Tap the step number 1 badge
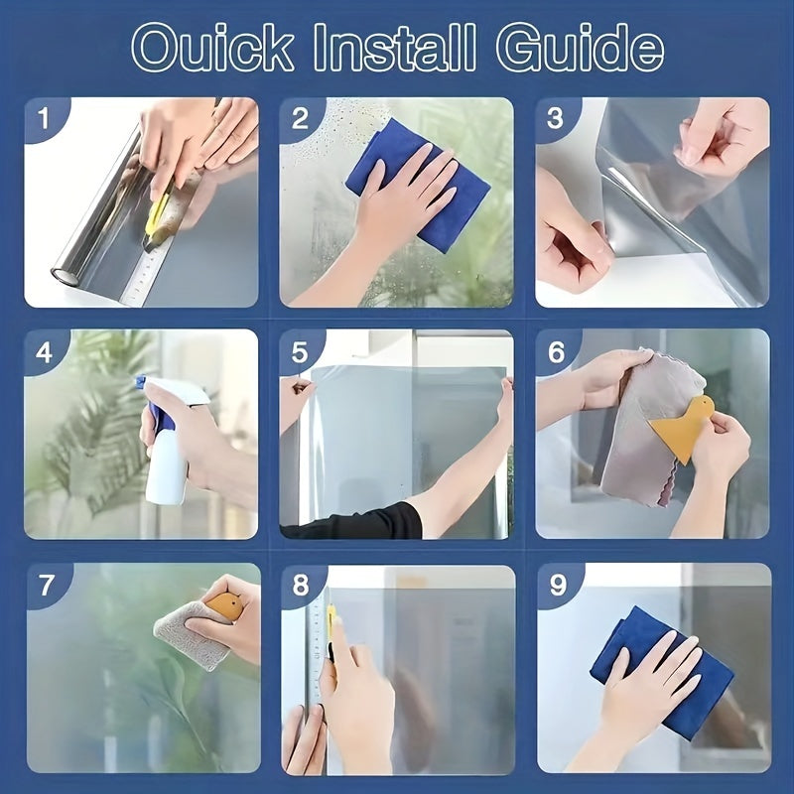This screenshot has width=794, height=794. (43, 119)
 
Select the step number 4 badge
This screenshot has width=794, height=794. (43, 351)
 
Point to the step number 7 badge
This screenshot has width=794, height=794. (46, 586)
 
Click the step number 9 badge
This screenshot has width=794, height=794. (558, 586)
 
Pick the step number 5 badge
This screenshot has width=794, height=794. (301, 351)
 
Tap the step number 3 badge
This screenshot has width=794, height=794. (556, 119)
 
